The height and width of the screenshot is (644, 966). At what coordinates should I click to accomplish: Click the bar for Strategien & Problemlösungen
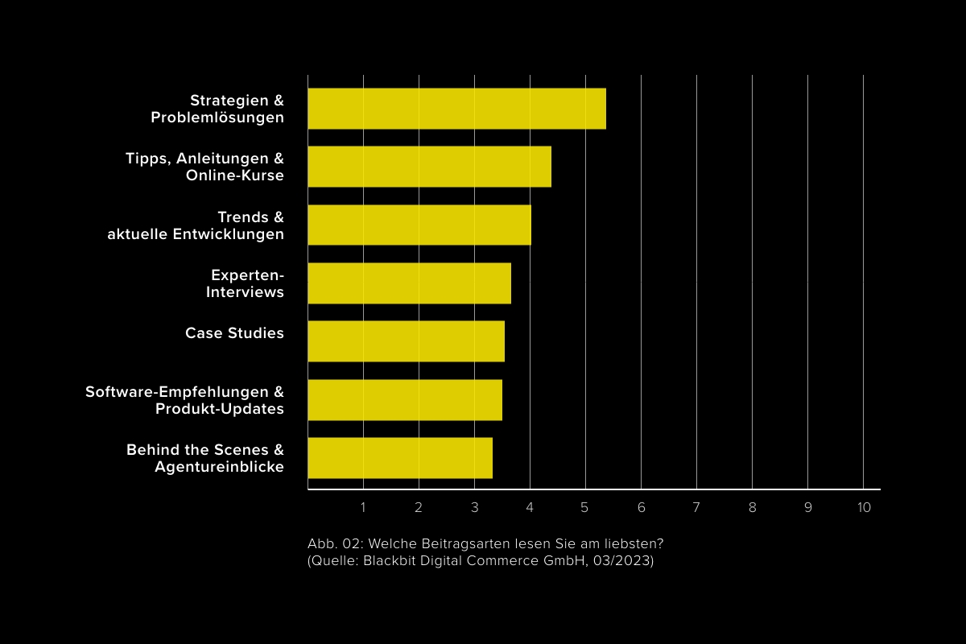point(456,109)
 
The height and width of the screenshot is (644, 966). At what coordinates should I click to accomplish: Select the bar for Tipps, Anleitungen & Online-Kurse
point(429,167)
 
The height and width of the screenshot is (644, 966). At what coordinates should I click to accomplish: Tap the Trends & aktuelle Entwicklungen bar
point(419,225)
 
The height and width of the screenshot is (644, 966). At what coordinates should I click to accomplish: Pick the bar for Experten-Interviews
point(409,283)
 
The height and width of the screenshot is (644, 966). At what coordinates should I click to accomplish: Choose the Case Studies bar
point(406,341)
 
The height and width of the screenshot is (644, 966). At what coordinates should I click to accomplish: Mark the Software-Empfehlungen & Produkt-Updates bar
point(405,399)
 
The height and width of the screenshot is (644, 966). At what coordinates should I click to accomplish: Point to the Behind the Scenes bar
point(400,458)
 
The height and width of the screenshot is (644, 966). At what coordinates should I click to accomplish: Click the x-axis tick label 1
point(363,508)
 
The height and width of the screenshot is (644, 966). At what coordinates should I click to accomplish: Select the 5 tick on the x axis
point(585,508)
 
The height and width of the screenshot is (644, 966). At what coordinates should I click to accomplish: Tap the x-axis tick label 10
point(864,508)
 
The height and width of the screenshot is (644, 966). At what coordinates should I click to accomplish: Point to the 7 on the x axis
point(696,508)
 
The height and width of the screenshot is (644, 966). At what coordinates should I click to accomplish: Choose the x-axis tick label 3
point(474,508)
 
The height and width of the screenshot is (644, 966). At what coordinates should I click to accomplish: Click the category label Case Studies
point(234,333)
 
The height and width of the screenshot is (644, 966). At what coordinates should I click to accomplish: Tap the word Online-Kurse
point(235,175)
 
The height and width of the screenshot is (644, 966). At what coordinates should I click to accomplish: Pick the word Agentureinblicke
point(220,467)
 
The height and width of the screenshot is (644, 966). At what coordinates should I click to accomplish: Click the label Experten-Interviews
point(246,283)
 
